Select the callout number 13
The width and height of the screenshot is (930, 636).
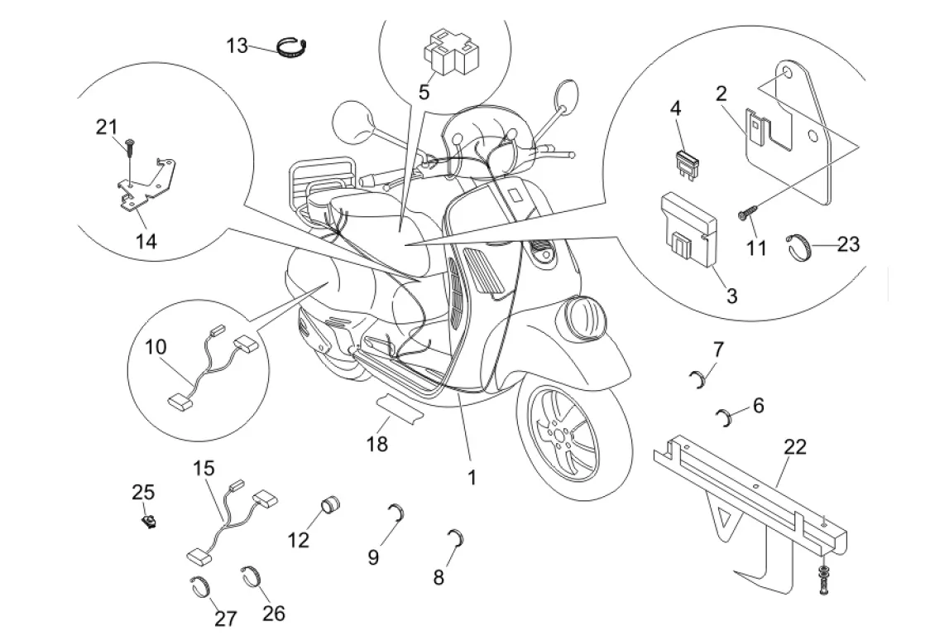pos(237,45)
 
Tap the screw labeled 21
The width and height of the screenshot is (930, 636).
pos(130,148)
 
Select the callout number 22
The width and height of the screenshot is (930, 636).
pos(794,448)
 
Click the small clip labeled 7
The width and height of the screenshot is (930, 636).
pos(699,378)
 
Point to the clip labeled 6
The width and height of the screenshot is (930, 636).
pos(727,416)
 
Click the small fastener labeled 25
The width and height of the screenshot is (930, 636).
pos(150,520)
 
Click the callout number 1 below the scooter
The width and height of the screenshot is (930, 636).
pos(472,478)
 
